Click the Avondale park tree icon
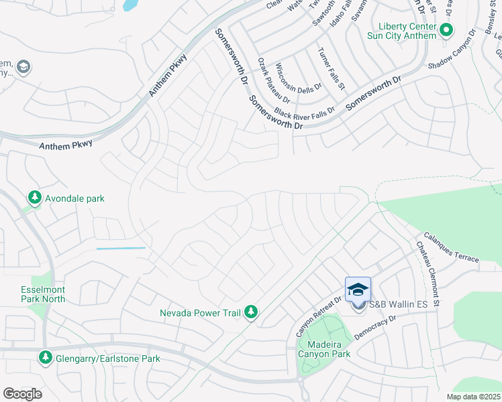(34, 198)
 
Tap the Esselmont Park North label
(43, 294)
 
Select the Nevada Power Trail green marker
(251, 312)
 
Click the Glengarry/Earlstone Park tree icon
(46, 358)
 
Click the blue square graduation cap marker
(358, 289)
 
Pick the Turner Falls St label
(332, 68)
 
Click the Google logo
(22, 394)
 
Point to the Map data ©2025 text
(472, 397)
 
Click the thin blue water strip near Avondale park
(121, 249)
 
